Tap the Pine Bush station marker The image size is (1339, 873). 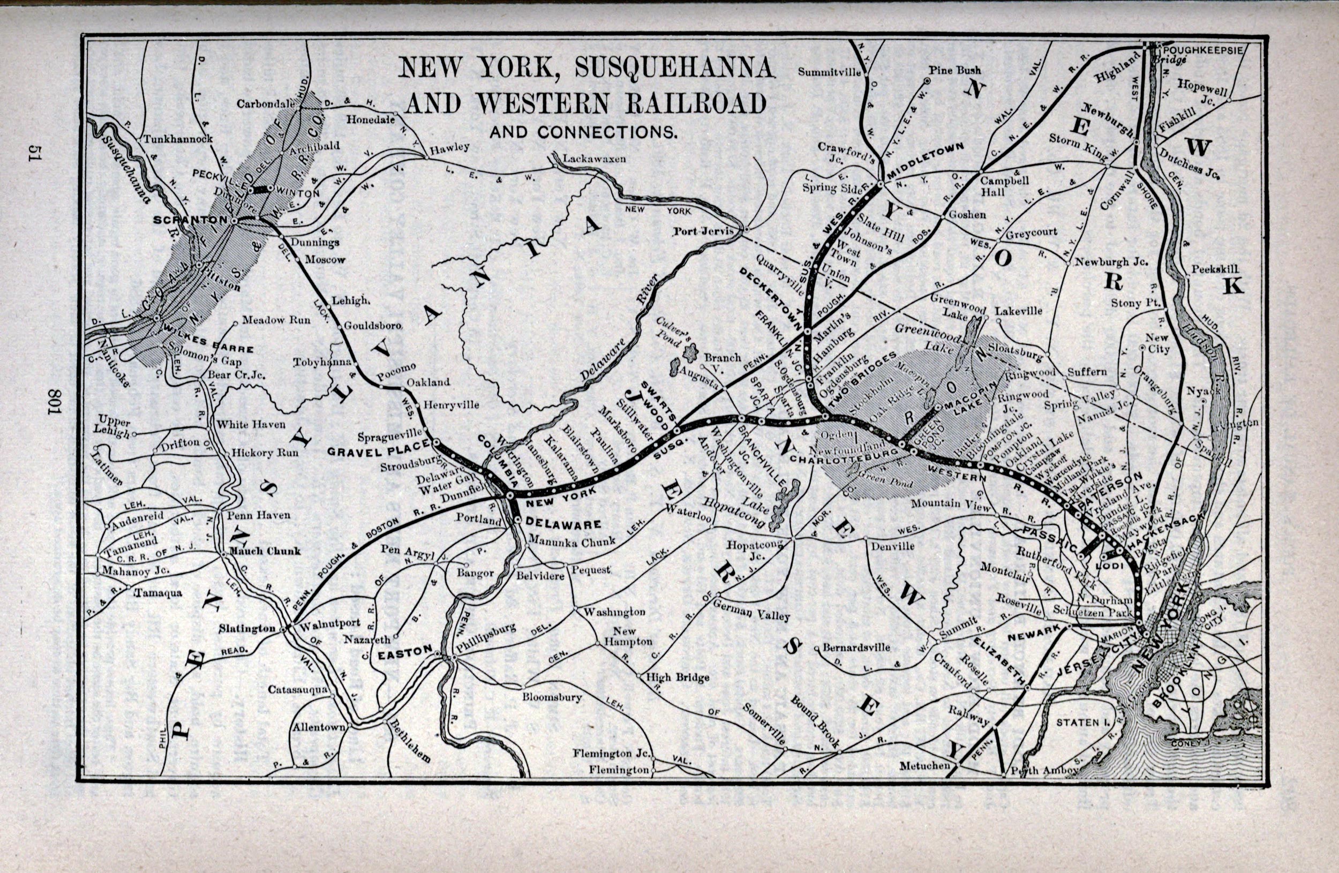click(927, 81)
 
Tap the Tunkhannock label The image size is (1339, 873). click(177, 138)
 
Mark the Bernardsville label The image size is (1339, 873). click(856, 648)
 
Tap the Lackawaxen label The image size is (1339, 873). click(593, 159)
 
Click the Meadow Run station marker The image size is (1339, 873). click(235, 323)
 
